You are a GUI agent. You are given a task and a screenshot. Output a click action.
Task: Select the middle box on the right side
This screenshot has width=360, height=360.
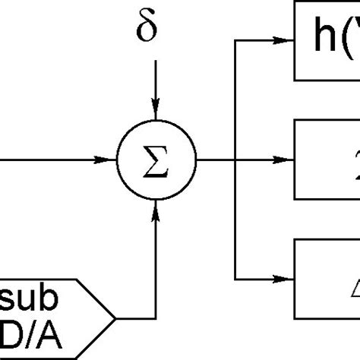tap(327, 160)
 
